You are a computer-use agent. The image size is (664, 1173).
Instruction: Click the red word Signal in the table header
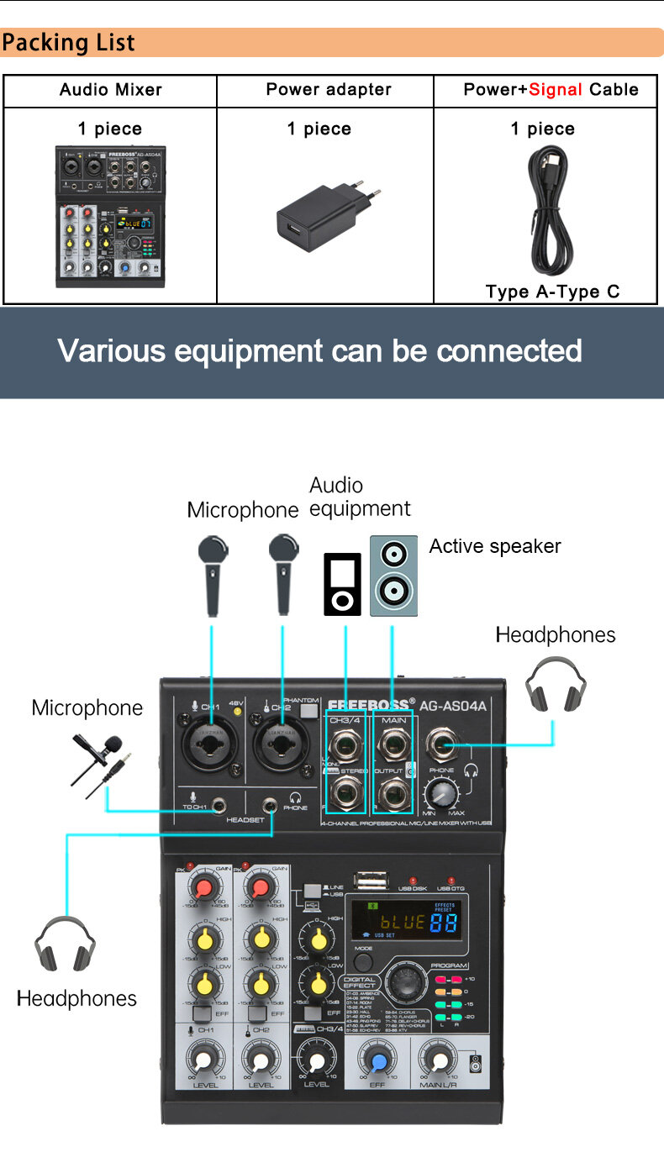click(555, 90)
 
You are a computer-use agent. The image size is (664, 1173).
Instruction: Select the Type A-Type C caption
click(552, 292)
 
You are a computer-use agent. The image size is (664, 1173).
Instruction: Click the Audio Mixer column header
click(110, 90)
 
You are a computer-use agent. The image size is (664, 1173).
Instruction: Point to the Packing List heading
click(68, 43)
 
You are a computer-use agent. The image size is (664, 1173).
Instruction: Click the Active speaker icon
click(393, 576)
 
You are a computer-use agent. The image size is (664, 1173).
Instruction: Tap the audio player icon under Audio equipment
click(343, 583)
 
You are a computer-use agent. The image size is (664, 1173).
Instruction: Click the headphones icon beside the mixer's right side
click(556, 686)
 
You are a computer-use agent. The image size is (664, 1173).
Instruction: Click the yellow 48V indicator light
click(238, 712)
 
